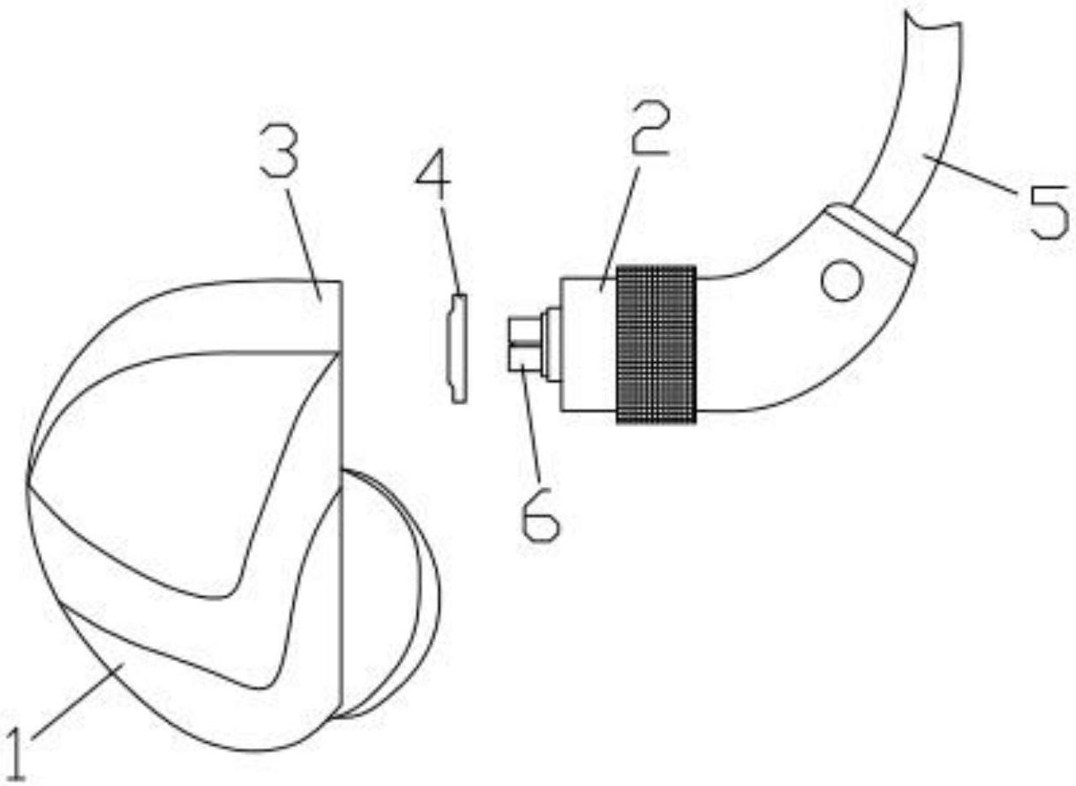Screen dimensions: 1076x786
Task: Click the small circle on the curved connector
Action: point(841,282)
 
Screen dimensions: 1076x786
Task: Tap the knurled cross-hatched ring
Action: point(655,344)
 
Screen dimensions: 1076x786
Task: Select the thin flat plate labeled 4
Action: point(458,347)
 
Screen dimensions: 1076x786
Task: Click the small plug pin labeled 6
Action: point(523,344)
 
